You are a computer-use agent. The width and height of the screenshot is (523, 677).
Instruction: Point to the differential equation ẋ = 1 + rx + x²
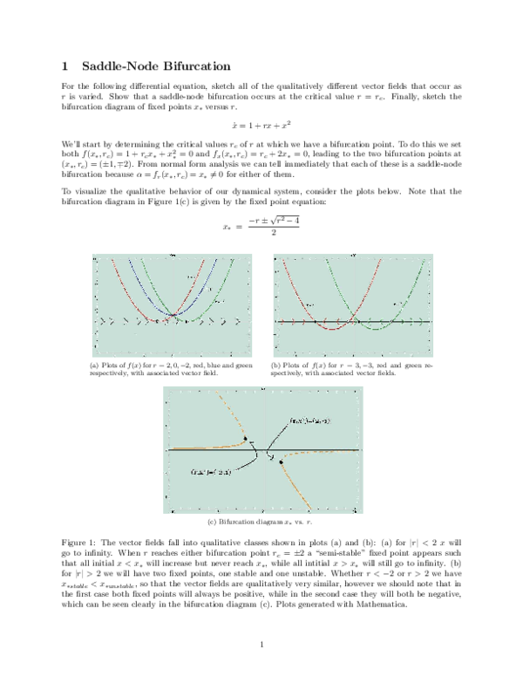click(x=261, y=124)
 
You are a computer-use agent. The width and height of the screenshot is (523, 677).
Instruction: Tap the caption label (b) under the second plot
click(x=276, y=365)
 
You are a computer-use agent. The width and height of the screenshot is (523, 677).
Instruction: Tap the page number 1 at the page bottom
click(x=261, y=645)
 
